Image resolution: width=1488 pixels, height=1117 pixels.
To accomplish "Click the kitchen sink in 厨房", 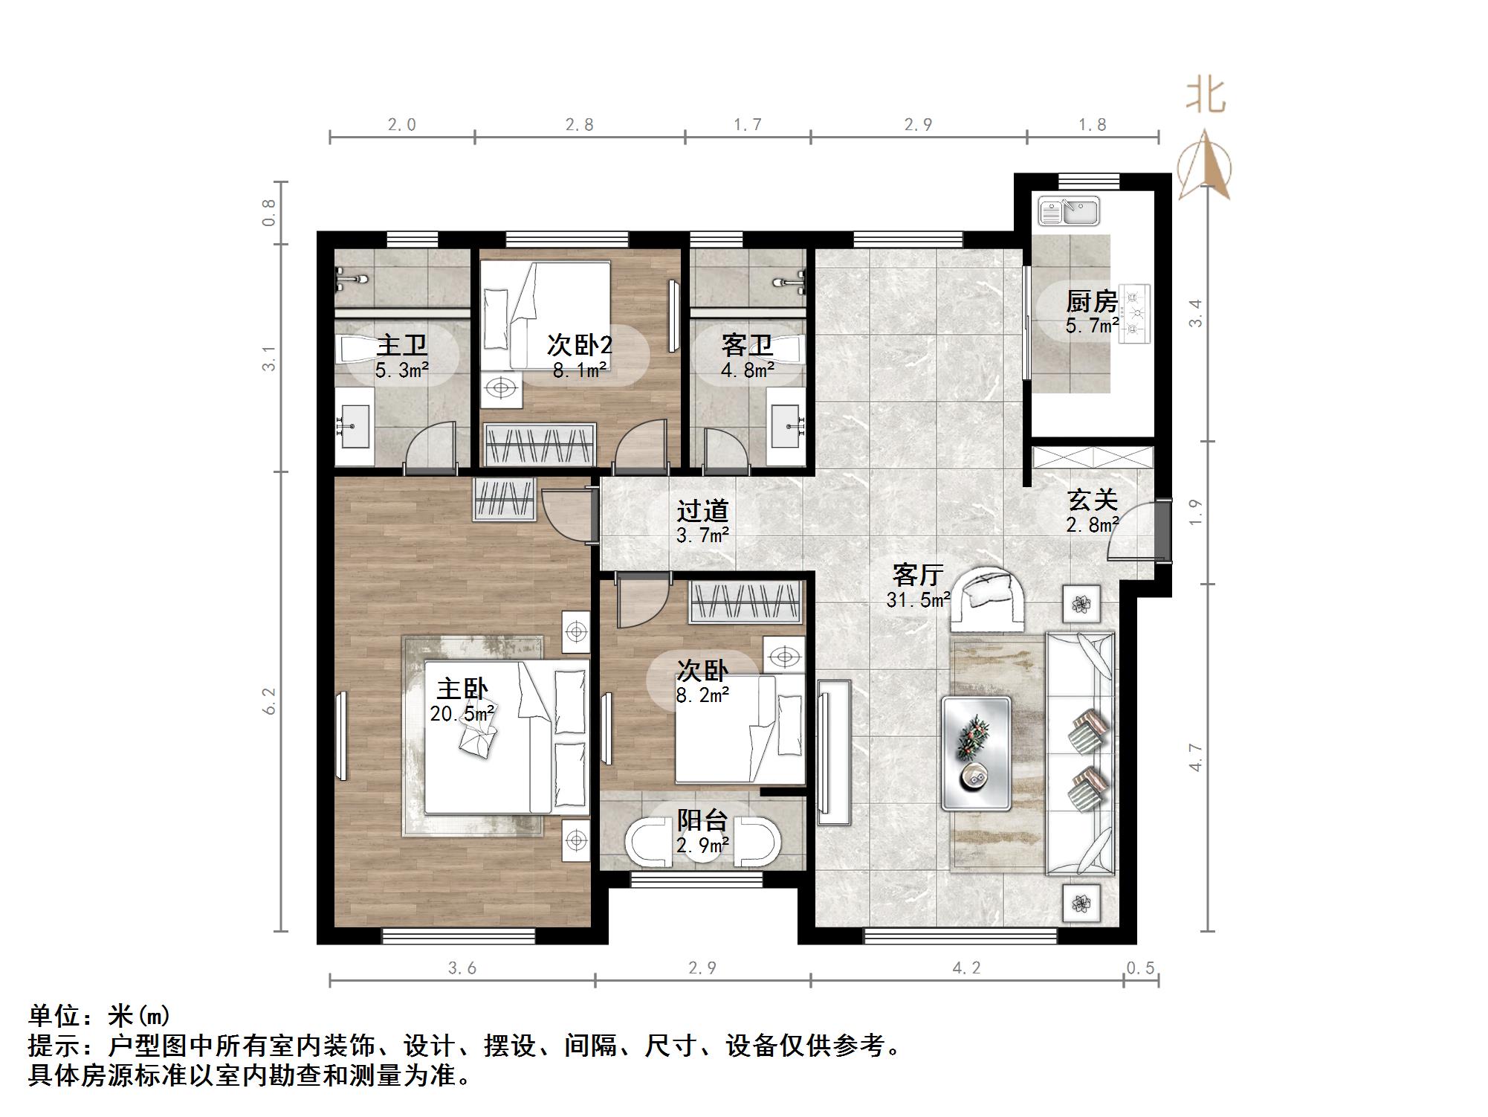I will coord(1070,211).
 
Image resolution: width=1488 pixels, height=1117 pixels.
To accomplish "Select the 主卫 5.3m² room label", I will coord(402,356).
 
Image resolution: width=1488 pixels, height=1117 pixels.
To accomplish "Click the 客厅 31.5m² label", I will coord(919,586).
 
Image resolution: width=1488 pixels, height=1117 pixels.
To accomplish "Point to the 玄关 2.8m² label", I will coord(1093,511).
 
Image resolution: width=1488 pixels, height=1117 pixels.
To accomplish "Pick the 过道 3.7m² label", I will coord(702,521).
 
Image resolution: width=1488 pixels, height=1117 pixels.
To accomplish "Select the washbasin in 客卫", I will coord(786,427).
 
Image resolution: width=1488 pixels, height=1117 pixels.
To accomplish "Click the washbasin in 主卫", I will coord(354,427).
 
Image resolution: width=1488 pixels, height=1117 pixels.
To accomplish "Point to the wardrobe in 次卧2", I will coord(540,445).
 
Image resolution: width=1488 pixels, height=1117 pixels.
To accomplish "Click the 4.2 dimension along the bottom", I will coord(966,968).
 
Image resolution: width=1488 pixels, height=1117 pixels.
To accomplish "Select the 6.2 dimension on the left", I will coord(270,701).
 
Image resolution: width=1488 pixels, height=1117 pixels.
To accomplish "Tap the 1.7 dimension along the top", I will coord(748,125).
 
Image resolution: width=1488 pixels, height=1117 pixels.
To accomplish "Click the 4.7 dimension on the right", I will coord(1195,757).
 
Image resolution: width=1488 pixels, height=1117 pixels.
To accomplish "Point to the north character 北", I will coord(1205,96).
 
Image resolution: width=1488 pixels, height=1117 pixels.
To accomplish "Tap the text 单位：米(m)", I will coord(100,1016).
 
